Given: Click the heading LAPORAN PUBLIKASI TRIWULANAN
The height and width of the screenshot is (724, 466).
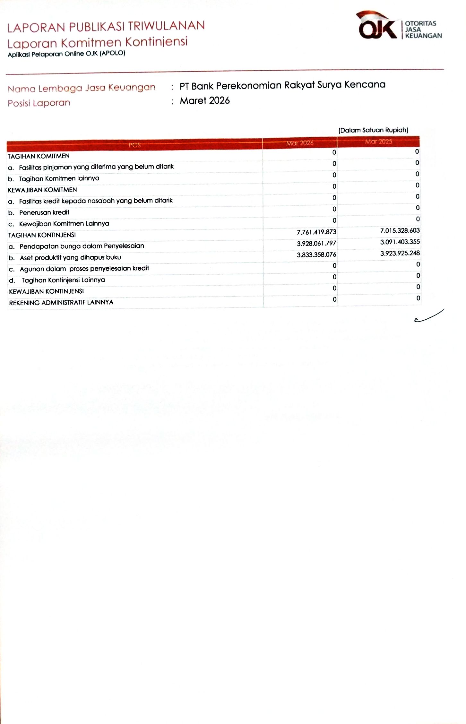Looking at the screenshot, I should pos(106,27).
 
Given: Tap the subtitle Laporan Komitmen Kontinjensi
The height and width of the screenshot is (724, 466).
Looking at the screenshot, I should pos(97,42).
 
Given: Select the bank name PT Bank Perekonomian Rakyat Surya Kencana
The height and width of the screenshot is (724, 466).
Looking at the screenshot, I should pos(282,85).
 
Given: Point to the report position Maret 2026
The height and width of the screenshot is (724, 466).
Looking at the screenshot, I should pos(205,101).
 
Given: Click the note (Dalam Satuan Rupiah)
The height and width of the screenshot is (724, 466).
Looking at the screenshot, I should pos(373,130).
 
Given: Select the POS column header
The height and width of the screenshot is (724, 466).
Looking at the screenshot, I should pos(134,145).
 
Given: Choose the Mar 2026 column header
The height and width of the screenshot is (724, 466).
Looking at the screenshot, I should pos(300,143).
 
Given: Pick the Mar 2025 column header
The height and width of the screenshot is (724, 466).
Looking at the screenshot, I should pos(378,142).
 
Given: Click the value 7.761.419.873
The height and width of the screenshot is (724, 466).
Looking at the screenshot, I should pos(316,232).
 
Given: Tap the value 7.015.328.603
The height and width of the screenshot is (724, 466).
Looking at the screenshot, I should pos(400,231).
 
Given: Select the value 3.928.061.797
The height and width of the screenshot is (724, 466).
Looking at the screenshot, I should pos(316,244).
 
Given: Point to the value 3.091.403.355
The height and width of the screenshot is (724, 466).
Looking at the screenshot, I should pos(400,242).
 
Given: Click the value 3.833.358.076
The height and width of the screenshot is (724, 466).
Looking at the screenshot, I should pos(316,255).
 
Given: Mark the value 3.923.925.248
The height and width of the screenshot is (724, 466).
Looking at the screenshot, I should pos(400,253).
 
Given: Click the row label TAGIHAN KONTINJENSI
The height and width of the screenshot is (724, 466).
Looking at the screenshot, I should pos(42,235).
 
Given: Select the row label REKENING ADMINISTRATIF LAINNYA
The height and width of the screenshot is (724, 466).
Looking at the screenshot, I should pos(61,303).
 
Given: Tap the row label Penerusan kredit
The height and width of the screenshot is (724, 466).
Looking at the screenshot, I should pos(44,212).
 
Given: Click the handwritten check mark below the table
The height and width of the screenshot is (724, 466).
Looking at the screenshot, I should pos(429,315).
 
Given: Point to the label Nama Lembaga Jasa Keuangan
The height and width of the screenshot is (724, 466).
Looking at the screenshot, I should pos(82,88).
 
